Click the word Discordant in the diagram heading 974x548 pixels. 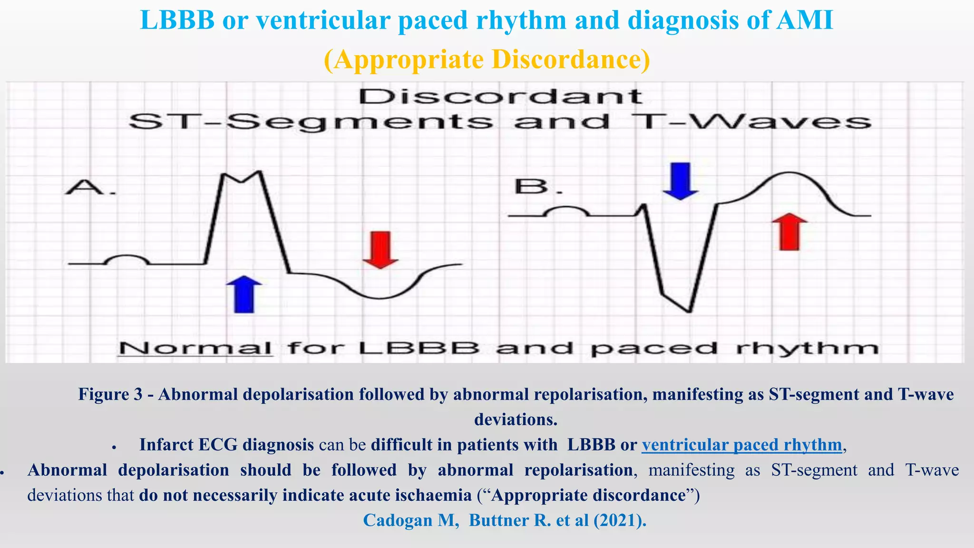[500, 97]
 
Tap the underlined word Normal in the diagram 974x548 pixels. [195, 348]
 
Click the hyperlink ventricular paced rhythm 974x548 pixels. [741, 445]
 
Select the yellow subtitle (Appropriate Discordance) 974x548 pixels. [487, 60]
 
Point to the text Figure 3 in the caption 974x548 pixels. [110, 394]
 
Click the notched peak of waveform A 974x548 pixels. [242, 177]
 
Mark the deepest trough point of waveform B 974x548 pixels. [689, 312]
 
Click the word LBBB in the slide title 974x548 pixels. [177, 20]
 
